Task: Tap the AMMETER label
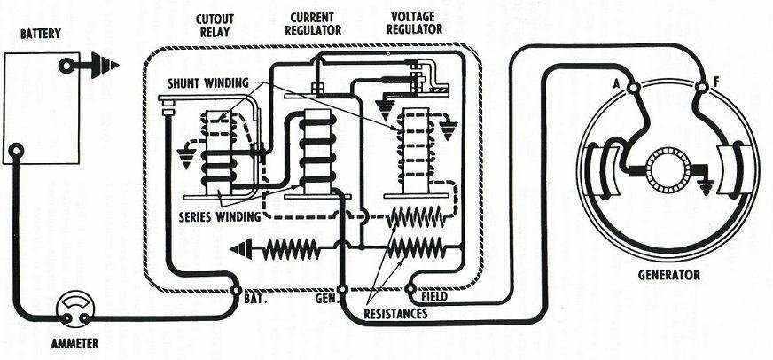pyautogui.click(x=74, y=342)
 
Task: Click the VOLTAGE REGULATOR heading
pyautogui.click(x=416, y=22)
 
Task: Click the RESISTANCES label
pyautogui.click(x=395, y=314)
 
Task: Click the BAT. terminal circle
pyautogui.click(x=237, y=289)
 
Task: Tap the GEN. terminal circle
pyautogui.click(x=345, y=289)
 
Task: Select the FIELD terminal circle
pyautogui.click(x=411, y=288)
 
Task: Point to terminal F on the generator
pyautogui.click(x=700, y=86)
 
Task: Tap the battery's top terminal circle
pyautogui.click(x=66, y=66)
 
